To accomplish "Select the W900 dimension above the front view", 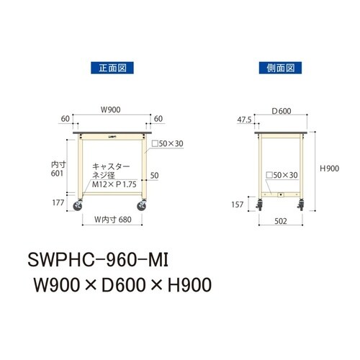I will point(109,110).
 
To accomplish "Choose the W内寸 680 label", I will point(112,220).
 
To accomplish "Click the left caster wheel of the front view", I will point(78,209).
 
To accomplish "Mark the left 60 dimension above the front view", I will point(65,117).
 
